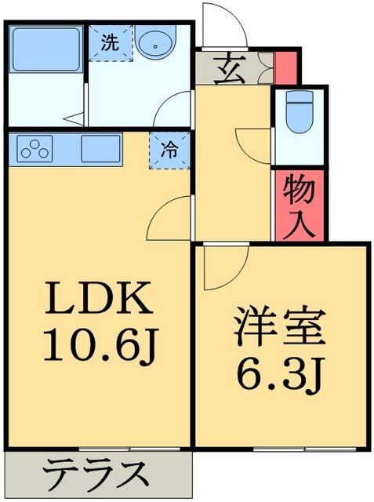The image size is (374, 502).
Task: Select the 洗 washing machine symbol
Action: point(110,42)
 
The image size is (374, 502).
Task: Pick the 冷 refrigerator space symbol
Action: point(169,148)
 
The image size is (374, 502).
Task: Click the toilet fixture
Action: point(300,111)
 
